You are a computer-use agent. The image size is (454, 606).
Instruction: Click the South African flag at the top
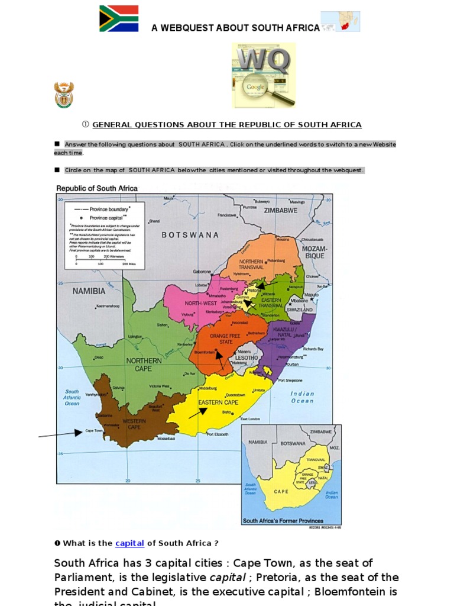(119, 18)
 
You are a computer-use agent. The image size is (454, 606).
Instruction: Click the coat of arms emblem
(64, 95)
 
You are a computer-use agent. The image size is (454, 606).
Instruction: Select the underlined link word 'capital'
(129, 543)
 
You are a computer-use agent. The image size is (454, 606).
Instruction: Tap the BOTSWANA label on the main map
(190, 235)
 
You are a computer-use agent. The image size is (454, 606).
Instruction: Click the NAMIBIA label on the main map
(89, 291)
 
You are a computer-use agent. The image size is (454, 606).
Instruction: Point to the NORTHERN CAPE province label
(144, 365)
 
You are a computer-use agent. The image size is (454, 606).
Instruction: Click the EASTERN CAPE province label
(218, 402)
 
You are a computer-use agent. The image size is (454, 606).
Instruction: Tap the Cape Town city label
(94, 431)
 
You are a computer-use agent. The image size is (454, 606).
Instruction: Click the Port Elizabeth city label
(217, 434)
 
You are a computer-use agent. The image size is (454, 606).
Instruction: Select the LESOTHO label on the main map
(247, 357)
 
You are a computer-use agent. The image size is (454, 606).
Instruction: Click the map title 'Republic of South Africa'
(97, 188)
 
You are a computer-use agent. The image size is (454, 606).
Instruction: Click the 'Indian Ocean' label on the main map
(302, 397)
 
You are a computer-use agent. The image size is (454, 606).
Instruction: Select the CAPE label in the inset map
(281, 491)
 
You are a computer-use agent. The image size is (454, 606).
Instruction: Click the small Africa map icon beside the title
(340, 21)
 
